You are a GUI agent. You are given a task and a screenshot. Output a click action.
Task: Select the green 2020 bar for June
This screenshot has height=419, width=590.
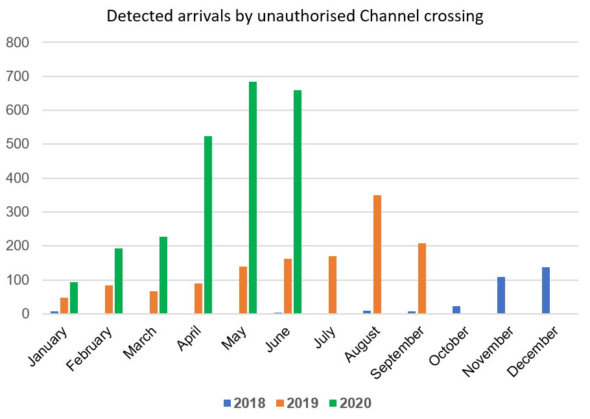point(298,202)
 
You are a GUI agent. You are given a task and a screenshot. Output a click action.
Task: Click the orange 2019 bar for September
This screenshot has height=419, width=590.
point(422,278)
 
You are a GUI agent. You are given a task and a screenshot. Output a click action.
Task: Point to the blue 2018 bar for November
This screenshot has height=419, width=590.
point(501,295)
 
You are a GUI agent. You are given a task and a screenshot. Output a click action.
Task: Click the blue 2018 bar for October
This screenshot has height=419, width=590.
point(456,310)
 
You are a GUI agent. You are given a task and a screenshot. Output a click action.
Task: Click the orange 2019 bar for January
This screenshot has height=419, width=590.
point(64,305)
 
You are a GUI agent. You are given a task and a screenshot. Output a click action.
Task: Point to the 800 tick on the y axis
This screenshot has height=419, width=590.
point(18,43)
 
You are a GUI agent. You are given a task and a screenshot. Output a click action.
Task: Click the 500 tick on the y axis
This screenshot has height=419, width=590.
point(18,145)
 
